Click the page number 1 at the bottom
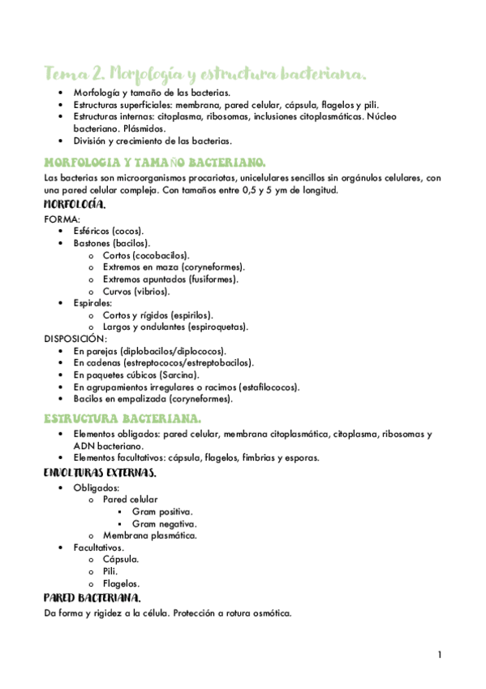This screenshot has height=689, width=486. pos(439,655)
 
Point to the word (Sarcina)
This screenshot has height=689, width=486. pos(178,375)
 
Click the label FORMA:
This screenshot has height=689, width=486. pos(62,219)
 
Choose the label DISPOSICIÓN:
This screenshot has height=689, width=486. pos(75,339)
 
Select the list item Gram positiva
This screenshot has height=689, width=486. pos(162,511)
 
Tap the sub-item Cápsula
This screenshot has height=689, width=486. pos(121,559)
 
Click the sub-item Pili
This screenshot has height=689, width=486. pos(110,571)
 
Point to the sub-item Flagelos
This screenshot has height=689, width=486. pos(122,583)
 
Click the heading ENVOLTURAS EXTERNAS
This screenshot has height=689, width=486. pos(100,472)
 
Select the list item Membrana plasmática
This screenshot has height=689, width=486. pos(150,535)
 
